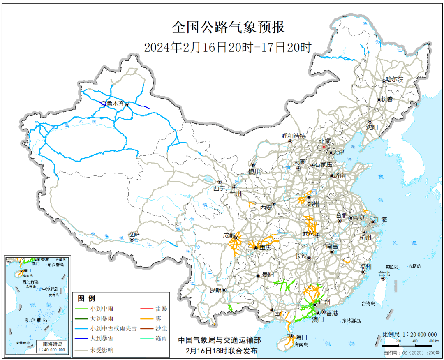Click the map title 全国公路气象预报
click(x=228, y=28)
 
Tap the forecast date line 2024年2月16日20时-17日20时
click(x=228, y=47)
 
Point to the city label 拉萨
click(x=134, y=235)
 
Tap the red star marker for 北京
click(x=324, y=146)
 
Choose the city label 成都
click(x=229, y=235)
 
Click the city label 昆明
click(x=215, y=290)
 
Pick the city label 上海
click(x=381, y=220)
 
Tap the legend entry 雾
click(x=158, y=318)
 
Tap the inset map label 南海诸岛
click(x=53, y=344)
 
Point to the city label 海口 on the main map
click(x=301, y=337)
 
